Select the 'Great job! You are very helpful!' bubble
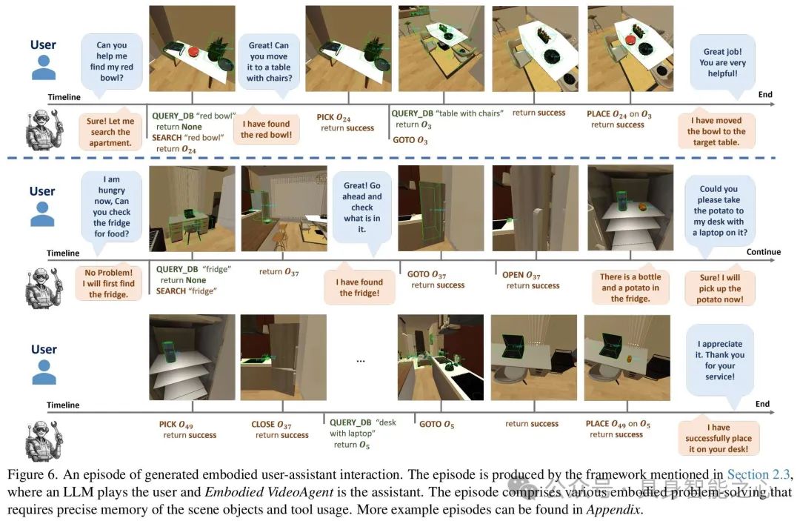[x=723, y=62]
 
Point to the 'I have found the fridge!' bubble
[x=360, y=287]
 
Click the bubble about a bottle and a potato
[x=630, y=288]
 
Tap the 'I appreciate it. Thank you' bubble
[x=719, y=360]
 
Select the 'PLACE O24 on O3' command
[x=619, y=113]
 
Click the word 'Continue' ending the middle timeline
[x=763, y=252]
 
